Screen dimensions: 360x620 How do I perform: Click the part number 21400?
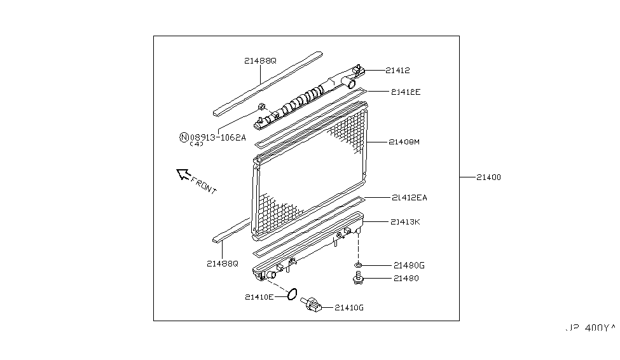point(488,177)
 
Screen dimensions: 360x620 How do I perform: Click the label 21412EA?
point(409,198)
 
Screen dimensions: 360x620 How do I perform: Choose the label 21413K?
point(405,222)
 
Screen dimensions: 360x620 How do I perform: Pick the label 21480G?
point(408,265)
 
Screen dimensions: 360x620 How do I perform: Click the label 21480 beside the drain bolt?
point(406,279)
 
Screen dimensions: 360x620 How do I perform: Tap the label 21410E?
point(259,296)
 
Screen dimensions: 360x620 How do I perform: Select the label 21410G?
point(349,308)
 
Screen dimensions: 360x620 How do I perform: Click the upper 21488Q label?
point(260,61)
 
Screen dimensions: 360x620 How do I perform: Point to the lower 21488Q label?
point(222,263)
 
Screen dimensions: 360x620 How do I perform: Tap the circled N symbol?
point(184,136)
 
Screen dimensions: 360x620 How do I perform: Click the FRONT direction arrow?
point(183,173)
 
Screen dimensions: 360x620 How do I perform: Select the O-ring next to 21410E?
point(291,294)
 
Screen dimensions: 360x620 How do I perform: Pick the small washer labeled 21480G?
point(359,265)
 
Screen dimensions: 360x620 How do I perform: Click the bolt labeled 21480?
point(358,278)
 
